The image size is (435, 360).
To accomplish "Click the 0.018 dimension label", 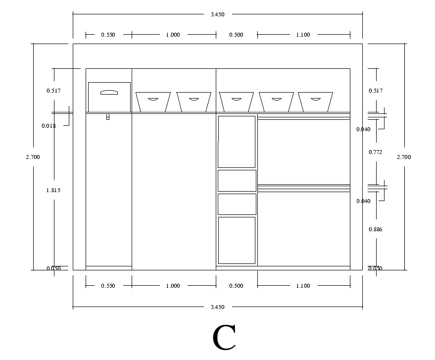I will point(48,126).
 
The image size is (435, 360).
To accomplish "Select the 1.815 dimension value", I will point(53,190).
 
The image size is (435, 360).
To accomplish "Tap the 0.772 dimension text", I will point(376,152).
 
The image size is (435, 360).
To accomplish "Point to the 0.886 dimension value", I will point(376,229).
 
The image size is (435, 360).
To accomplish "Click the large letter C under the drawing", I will point(224,338).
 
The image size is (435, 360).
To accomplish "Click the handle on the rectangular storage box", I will point(109,92).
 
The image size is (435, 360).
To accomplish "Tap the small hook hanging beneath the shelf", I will point(108,117).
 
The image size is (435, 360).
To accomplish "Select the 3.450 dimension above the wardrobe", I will point(217,14).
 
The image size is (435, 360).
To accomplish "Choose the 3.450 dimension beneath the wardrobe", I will point(217,307).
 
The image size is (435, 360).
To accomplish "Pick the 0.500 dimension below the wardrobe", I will point(236,286).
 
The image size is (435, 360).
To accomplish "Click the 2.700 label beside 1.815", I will point(33,157).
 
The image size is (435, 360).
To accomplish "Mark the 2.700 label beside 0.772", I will point(404,157).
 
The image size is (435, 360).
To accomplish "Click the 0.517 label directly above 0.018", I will point(53,91).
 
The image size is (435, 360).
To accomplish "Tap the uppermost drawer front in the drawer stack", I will point(237,142).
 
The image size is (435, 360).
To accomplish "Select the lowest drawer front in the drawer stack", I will point(237,240).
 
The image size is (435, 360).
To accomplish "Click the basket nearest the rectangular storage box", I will point(153,102).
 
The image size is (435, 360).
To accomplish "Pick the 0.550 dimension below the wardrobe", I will point(108,286).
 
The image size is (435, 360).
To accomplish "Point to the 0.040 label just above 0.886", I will point(363,201).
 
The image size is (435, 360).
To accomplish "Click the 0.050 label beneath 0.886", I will point(376,268).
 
